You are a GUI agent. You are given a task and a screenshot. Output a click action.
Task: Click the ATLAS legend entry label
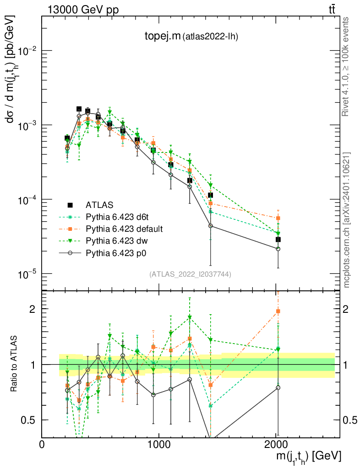pyautogui.click(x=99, y=205)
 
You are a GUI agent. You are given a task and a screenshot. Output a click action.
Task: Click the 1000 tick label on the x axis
pyautogui.click(x=159, y=444)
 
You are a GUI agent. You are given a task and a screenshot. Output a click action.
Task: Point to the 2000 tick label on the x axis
pyautogui.click(x=276, y=444)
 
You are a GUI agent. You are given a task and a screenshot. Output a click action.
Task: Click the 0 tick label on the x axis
pyautogui.click(x=42, y=444)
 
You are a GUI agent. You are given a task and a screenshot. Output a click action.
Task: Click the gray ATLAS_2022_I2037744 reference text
pyautogui.click(x=190, y=274)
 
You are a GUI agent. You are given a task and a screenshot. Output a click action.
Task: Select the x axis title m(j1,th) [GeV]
pyautogui.click(x=308, y=456)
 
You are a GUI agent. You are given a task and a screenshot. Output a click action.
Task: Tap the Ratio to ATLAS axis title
pyautogui.click(x=14, y=364)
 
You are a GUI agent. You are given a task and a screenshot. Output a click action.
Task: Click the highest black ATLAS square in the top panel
pyautogui.click(x=79, y=109)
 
